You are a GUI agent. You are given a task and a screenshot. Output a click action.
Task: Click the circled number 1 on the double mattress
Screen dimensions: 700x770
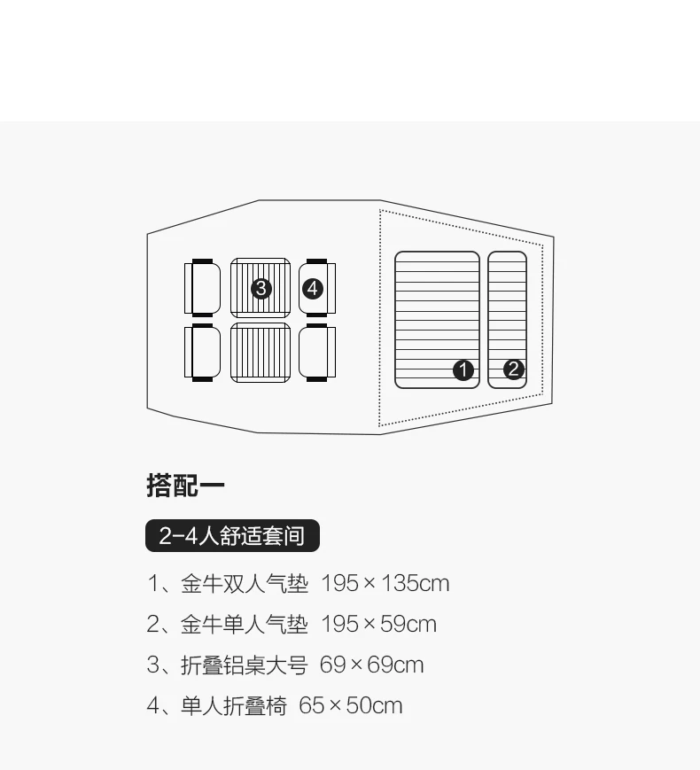point(463,369)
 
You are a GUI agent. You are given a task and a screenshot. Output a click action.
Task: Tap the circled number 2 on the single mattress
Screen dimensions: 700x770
point(514,369)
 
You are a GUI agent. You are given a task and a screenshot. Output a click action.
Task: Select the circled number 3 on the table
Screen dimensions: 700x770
point(261,288)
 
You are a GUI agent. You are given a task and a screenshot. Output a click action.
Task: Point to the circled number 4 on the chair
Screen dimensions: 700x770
point(312,288)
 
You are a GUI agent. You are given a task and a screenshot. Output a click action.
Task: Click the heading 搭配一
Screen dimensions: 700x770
point(185,486)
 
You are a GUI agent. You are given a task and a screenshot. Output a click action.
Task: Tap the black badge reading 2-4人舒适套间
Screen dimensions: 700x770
point(232,536)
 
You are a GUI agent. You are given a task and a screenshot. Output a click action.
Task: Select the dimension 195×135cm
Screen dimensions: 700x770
point(385,584)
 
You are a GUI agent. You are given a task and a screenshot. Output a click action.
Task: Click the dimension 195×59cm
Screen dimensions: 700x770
point(378,625)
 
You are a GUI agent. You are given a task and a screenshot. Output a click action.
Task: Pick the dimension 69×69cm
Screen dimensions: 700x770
point(371,665)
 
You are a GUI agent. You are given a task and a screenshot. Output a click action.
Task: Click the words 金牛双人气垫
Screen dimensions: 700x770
point(245,584)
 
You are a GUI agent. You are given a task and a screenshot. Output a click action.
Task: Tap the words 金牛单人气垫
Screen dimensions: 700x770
point(245,625)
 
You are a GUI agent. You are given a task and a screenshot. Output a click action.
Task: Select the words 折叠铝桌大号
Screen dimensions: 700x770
point(244,665)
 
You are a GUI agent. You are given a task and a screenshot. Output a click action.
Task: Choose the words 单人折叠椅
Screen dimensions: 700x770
point(234,706)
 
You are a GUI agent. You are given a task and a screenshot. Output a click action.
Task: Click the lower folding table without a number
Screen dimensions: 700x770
point(261,353)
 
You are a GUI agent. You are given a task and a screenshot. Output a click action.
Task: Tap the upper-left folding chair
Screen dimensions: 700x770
point(203,288)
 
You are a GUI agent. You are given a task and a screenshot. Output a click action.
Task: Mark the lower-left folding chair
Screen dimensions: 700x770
point(203,353)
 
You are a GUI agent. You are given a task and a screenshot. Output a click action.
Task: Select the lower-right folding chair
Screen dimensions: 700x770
point(317,353)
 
